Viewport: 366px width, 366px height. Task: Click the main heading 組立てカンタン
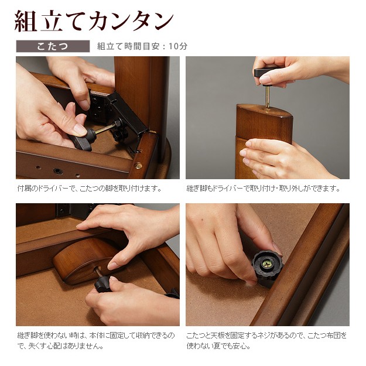(94, 21)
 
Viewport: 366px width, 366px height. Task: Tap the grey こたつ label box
(53, 46)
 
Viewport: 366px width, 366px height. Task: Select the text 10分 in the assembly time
(178, 46)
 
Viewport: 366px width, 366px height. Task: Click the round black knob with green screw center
(267, 265)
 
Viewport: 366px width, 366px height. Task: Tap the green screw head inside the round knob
(267, 264)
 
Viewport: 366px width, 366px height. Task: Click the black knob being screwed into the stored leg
(102, 284)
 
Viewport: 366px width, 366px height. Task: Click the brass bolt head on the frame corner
(138, 166)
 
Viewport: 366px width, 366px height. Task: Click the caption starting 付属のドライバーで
(90, 188)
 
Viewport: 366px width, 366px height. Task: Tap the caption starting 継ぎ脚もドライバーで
(263, 188)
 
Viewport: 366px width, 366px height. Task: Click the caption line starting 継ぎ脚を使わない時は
(96, 336)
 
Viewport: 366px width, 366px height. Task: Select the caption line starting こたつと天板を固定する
(266, 336)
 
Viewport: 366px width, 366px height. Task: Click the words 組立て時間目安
(128, 46)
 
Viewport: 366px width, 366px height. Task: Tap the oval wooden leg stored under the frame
(87, 260)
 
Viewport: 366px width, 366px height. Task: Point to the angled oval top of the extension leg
(264, 110)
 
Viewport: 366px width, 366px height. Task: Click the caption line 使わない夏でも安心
(218, 346)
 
